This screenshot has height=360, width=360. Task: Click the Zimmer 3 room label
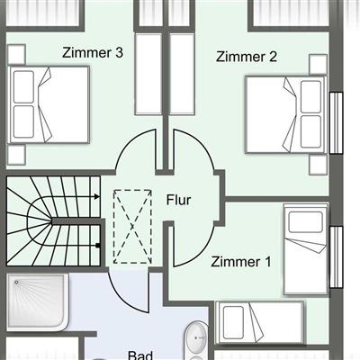point(93,52)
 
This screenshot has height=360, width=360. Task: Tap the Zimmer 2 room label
point(247,57)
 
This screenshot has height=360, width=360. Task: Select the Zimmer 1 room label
point(241,262)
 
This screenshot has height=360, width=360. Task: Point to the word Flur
point(179,200)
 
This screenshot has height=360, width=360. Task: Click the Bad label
point(140,355)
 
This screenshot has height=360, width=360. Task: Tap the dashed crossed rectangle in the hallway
point(132,227)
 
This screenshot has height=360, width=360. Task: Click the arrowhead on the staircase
point(96,197)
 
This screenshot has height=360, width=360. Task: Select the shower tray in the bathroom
point(37,302)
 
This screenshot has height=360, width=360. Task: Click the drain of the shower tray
point(17,283)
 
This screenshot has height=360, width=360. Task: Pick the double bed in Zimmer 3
point(49,104)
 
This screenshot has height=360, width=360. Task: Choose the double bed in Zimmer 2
point(286,114)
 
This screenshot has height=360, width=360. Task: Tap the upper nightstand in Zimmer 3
point(16,54)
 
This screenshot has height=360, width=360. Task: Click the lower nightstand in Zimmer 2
point(318,164)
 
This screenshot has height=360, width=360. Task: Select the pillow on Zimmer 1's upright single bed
point(306,222)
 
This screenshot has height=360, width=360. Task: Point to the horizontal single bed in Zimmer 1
point(260,322)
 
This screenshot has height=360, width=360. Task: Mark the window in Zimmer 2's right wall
point(336,123)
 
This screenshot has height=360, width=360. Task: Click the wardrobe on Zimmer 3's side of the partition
point(148,74)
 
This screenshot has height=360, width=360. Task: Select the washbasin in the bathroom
point(196,337)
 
